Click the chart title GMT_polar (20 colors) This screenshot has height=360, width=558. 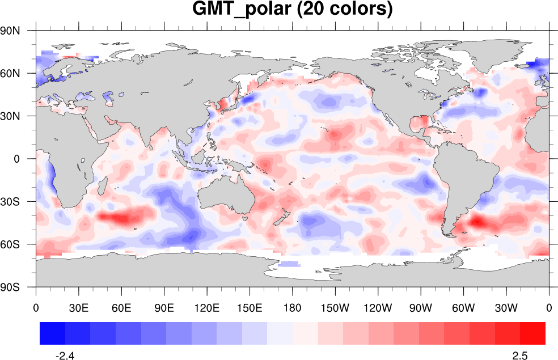click(x=292, y=10)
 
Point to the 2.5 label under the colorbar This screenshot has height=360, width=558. click(x=520, y=355)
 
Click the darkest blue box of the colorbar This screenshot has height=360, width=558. click(x=52, y=333)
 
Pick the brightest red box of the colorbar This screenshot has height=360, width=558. click(x=532, y=333)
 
